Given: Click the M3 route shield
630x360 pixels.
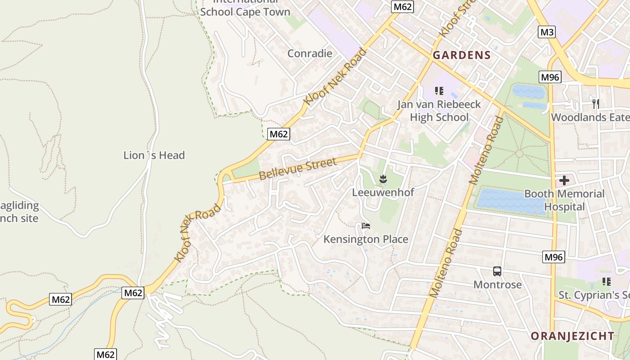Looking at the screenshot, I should tap(547, 32).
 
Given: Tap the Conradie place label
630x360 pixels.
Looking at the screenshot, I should tap(310, 54).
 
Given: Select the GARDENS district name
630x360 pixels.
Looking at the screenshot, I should tap(461, 55).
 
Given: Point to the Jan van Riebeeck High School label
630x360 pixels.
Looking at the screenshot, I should tap(439, 111).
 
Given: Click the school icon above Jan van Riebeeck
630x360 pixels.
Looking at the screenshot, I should tap(439, 91).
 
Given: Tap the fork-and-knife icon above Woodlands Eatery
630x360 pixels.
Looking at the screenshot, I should tap(596, 104).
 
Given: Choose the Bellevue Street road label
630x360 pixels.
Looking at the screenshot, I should tap(297, 169).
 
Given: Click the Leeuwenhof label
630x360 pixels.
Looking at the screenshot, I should tap(382, 192).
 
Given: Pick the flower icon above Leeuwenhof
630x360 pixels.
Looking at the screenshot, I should tap(382, 179).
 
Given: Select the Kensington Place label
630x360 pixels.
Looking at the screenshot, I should tap(365, 239).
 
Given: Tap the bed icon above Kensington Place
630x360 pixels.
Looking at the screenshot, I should tap(365, 225).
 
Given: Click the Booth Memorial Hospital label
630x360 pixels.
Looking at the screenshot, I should tap(564, 200).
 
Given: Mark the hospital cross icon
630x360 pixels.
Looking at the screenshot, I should tap(564, 181).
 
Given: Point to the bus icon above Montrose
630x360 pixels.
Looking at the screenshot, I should tap(497, 271).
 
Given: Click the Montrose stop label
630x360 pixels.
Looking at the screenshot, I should tap(497, 284).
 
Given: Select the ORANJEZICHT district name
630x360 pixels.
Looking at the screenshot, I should tap(572, 336).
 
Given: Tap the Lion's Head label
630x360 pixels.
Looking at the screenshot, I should tap(154, 155).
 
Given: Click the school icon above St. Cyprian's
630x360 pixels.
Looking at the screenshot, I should tap(606, 282).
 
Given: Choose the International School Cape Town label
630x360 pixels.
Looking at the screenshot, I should tap(245, 9).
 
